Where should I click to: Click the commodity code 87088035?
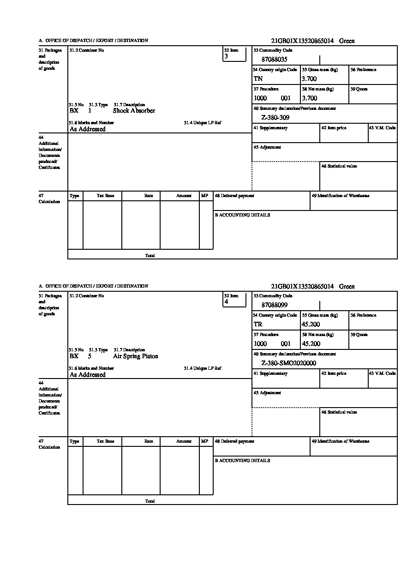tap(275, 60)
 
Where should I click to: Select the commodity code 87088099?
tap(275, 305)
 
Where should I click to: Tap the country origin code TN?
tap(258, 79)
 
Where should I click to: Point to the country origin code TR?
tap(258, 325)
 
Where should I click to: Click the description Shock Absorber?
tap(134, 111)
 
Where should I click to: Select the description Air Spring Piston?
tap(135, 356)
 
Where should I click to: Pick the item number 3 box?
tap(234, 54)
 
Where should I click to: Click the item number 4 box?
tap(234, 300)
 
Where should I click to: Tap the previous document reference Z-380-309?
tap(275, 118)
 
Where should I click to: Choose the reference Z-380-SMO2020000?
tap(288, 363)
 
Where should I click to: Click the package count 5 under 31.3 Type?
tap(90, 356)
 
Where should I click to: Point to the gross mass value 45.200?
tap(311, 325)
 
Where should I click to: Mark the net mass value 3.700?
tap(309, 98)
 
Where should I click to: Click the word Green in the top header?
tap(347, 41)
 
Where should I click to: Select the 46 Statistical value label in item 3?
tap(339, 166)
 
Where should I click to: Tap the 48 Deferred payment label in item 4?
tap(234, 441)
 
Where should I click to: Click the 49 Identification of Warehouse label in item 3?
tap(340, 196)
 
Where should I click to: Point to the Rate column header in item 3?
tap(149, 196)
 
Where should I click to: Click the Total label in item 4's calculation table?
tap(150, 501)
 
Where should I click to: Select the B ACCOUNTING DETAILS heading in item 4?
tap(242, 461)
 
